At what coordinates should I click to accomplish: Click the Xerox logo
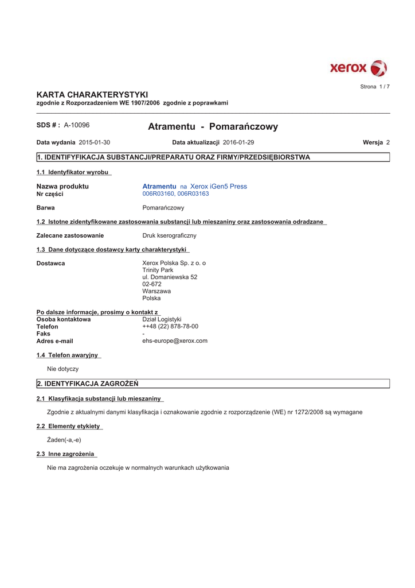[x=358, y=68]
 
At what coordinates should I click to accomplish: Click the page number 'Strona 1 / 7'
[x=374, y=87]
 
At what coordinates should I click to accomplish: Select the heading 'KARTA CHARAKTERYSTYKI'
[x=92, y=94]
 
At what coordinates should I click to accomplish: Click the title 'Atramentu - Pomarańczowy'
[x=213, y=126]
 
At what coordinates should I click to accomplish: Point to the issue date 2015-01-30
[x=95, y=142]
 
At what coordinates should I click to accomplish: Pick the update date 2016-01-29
[x=238, y=142]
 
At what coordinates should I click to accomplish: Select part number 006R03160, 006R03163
[x=175, y=194]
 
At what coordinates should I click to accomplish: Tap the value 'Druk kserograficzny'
[x=169, y=235]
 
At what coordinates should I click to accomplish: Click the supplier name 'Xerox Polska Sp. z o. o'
[x=174, y=263]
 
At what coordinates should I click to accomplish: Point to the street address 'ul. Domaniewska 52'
[x=170, y=277]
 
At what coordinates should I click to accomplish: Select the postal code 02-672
[x=152, y=284]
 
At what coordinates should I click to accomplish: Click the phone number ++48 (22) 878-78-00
[x=170, y=326]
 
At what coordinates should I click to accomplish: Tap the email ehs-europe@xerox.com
[x=175, y=341]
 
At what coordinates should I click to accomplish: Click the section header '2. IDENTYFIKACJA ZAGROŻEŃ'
[x=87, y=384]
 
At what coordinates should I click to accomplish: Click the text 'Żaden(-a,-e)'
[x=64, y=440]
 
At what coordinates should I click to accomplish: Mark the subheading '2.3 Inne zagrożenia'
[x=65, y=454]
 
